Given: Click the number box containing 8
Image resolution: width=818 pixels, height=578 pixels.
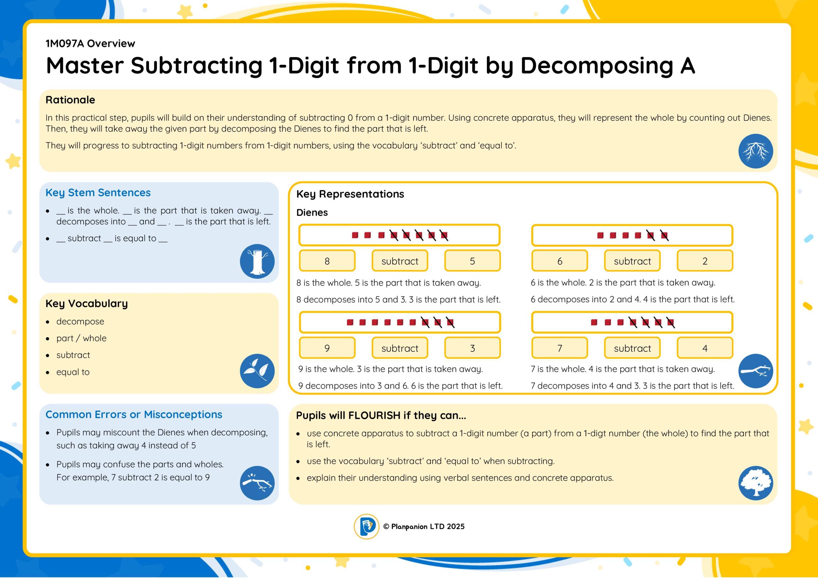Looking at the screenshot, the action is [327, 261].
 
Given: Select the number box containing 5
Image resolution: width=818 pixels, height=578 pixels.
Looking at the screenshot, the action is [472, 261].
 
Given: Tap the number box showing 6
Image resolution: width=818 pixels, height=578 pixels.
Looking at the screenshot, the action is [560, 261].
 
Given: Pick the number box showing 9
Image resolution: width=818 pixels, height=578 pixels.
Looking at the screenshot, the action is [327, 348].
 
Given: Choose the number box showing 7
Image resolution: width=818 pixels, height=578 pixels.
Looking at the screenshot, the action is [560, 348].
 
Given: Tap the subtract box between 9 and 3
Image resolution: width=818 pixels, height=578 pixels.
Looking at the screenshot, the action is [400, 348].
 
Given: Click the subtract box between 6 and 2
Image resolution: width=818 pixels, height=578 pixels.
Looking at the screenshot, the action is [632, 261].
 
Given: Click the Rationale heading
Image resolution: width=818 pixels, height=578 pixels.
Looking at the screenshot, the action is [70, 100].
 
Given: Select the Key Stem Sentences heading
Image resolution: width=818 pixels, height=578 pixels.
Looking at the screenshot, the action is [98, 193].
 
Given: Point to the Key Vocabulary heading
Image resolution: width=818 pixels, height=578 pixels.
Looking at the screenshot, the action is [87, 303].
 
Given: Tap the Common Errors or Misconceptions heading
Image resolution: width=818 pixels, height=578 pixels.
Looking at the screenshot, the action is [134, 414].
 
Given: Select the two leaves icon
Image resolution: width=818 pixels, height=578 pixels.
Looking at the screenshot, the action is [257, 371].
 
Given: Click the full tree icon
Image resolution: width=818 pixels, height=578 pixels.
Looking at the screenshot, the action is [756, 483].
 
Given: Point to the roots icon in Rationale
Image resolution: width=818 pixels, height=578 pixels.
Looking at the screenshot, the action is [756, 151].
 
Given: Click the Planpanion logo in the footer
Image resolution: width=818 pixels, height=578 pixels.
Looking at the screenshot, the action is [366, 526].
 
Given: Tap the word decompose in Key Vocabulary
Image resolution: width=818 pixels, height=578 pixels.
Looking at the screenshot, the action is [80, 322].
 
